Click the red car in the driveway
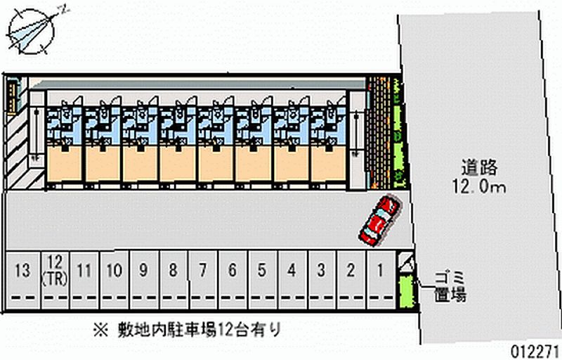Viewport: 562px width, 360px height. point(379,219)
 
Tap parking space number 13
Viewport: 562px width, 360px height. point(23,270)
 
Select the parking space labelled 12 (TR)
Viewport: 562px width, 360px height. point(54,270)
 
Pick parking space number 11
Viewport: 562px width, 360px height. point(84,270)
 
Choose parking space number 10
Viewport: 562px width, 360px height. point(114,270)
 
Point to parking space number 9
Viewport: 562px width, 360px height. point(143,270)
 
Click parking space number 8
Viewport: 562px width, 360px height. point(172,270)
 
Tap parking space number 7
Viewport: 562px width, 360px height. point(202,270)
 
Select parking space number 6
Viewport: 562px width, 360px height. point(232,270)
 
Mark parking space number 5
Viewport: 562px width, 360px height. point(261,270)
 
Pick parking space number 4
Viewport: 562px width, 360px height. point(291,270)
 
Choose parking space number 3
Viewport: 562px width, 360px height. point(320,270)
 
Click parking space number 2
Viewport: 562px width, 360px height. point(350,270)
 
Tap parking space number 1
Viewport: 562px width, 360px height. point(380,270)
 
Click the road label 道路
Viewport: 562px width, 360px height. point(479,168)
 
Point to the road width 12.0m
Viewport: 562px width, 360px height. point(479,187)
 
